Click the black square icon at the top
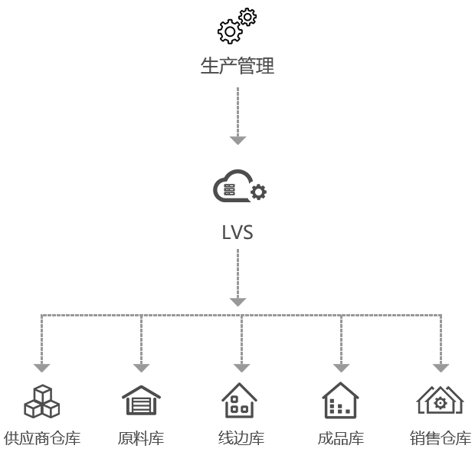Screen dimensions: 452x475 click(237, 25)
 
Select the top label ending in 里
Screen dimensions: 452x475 click(237, 67)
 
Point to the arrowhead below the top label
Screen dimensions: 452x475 click(237, 139)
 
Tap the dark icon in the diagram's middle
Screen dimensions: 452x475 click(239, 186)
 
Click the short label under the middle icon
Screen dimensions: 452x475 click(237, 232)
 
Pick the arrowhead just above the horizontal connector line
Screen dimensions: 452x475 click(237, 301)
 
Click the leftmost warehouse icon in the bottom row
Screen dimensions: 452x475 click(42, 401)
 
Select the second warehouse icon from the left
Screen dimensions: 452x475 click(141, 401)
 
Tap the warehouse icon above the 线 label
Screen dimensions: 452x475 click(240, 401)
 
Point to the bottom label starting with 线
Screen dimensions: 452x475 click(241, 439)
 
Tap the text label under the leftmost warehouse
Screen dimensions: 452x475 click(42, 439)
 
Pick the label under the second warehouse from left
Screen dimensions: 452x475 click(142, 439)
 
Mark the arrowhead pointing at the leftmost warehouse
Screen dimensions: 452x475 click(42, 367)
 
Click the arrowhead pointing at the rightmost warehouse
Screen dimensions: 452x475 click(441, 367)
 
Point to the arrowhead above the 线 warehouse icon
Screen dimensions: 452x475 click(241, 367)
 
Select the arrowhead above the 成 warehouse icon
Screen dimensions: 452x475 click(341, 367)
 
